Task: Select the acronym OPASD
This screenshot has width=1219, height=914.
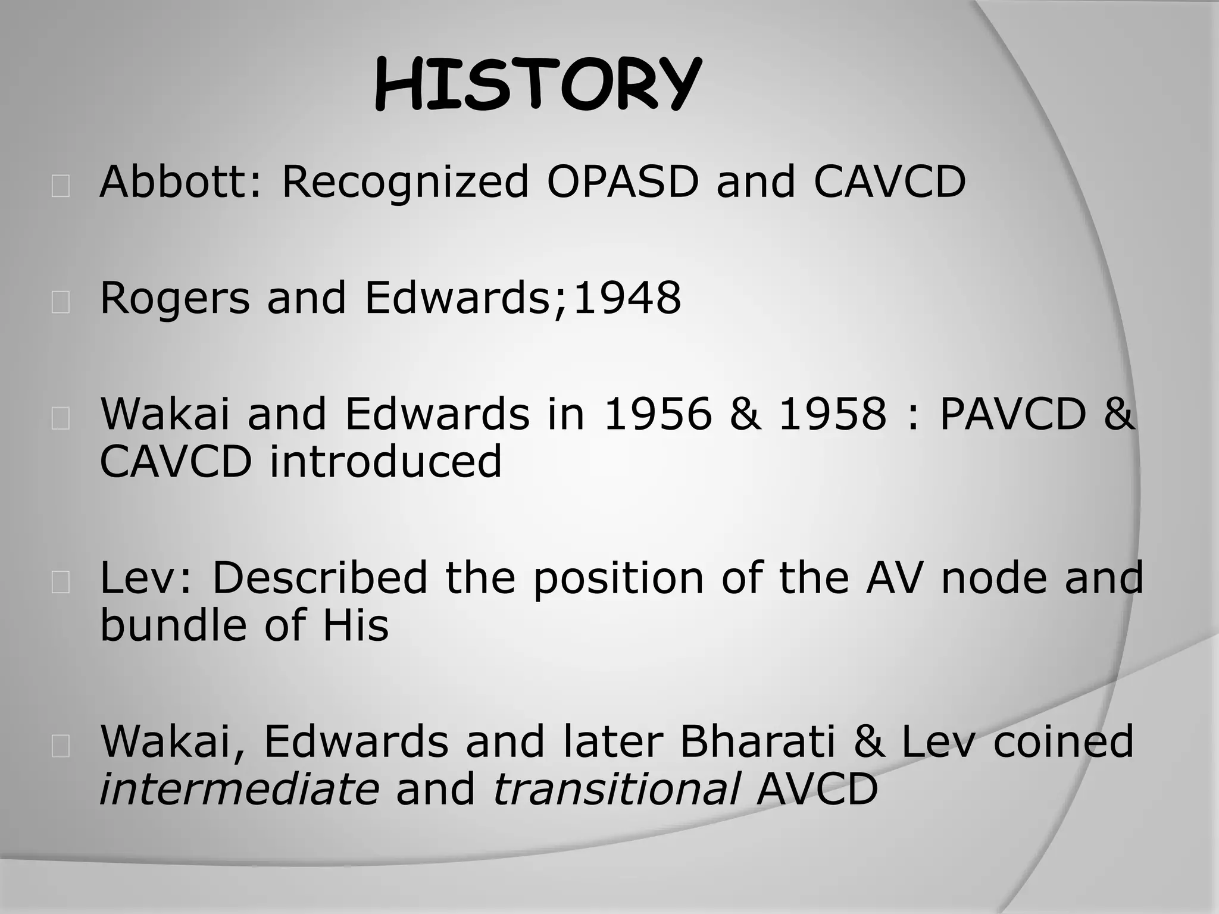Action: (x=622, y=181)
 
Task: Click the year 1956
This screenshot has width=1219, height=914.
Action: (x=657, y=414)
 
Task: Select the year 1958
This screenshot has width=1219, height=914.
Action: (x=833, y=414)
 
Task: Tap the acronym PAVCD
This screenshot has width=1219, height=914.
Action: (x=1013, y=414)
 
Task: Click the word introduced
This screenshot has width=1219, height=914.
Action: (x=386, y=461)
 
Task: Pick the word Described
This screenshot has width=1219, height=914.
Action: (x=320, y=577)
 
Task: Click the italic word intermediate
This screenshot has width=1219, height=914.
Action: (x=239, y=789)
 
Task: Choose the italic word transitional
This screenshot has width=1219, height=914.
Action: (x=617, y=789)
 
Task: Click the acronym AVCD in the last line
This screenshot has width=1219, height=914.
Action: (x=817, y=789)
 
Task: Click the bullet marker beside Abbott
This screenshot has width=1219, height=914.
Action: (x=60, y=186)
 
